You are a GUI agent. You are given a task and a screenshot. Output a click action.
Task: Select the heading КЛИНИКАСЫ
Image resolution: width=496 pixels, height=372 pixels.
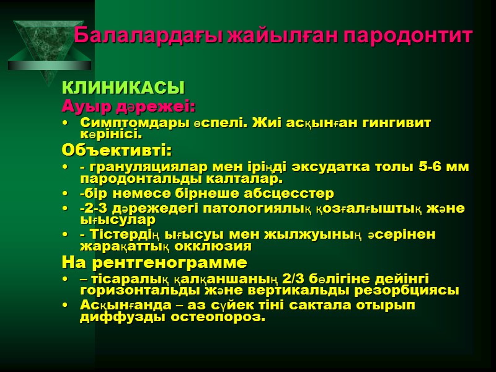point(124,87)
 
